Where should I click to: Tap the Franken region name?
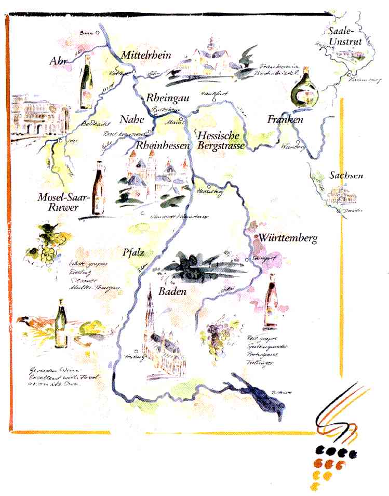tap(285, 120)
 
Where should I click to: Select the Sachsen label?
tap(346, 176)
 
